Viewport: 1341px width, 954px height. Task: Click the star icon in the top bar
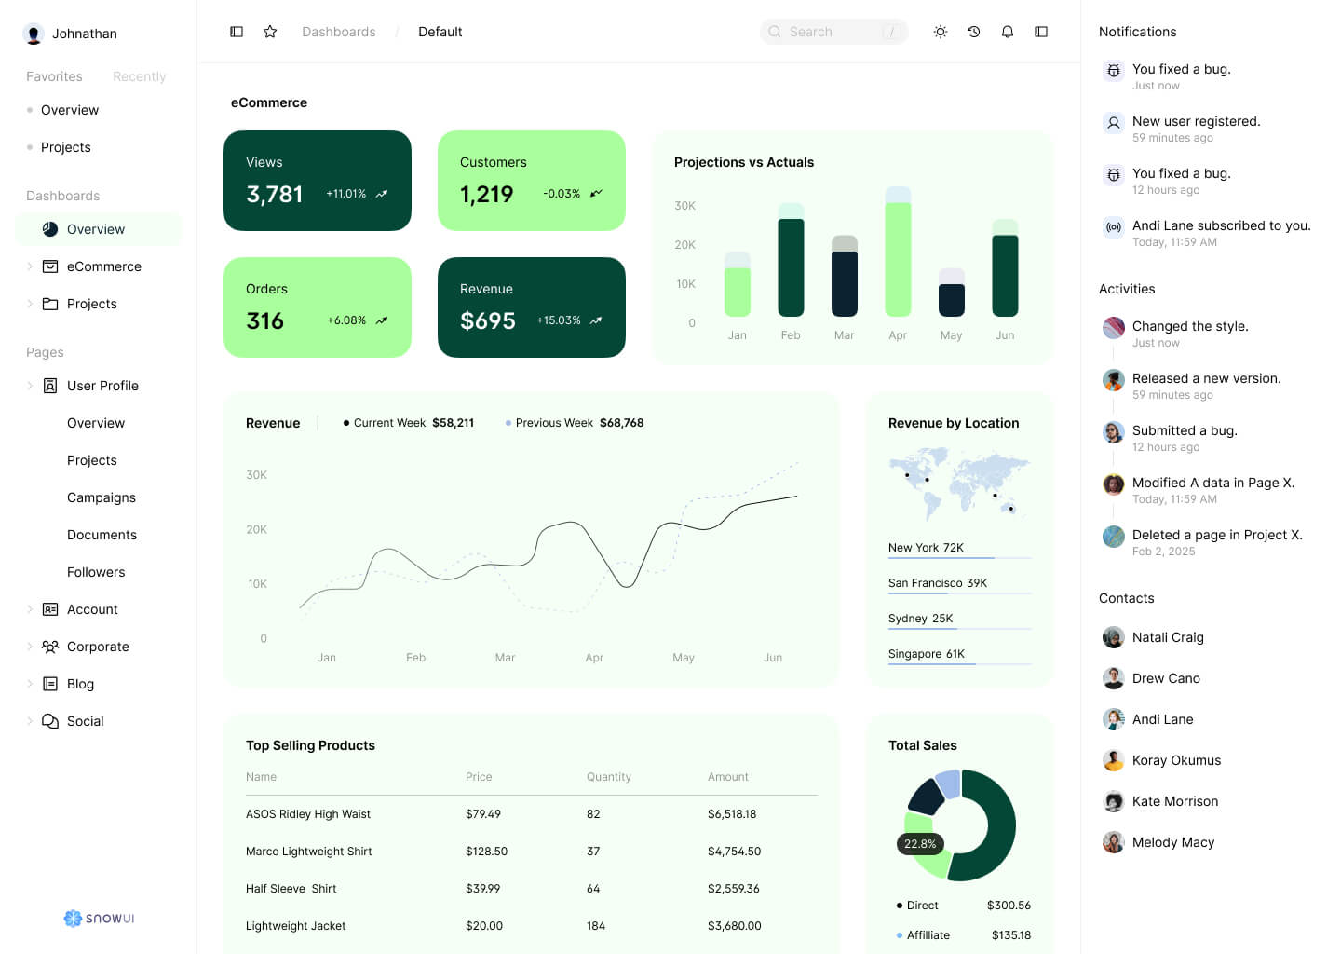click(270, 32)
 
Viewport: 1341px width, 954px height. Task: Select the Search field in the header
click(833, 32)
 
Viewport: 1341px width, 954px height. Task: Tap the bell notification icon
click(1008, 32)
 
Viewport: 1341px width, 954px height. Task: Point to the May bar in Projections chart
click(951, 294)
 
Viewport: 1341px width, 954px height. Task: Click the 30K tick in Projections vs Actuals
click(684, 206)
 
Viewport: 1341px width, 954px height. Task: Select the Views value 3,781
click(275, 194)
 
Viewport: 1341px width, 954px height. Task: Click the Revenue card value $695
click(488, 320)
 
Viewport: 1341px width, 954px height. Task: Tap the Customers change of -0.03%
click(562, 194)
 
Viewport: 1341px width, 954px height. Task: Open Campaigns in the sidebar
click(102, 497)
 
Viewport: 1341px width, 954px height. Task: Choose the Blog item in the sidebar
click(80, 684)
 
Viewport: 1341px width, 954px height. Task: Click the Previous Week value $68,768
click(621, 423)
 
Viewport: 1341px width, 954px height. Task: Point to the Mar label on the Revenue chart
click(505, 658)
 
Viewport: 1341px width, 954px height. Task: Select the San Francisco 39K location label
click(938, 583)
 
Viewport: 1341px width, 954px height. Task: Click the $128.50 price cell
click(486, 852)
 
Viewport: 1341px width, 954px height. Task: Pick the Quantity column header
click(609, 777)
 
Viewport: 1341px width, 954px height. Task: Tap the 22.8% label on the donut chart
click(920, 844)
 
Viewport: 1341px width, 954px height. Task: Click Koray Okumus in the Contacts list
click(1176, 760)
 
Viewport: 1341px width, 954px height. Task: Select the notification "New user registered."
click(1196, 122)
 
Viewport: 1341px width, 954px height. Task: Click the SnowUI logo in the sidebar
click(100, 919)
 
